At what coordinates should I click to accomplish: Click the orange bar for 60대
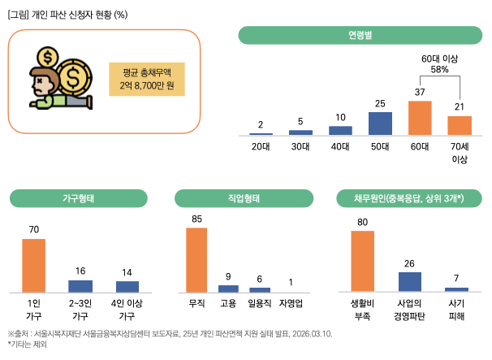tap(420, 117)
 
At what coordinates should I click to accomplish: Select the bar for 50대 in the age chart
tap(380, 123)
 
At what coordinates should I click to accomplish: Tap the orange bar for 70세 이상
tap(460, 125)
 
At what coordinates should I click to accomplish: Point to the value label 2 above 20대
tap(261, 124)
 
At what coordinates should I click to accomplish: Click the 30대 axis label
tap(300, 147)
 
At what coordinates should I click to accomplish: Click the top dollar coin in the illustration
tap(47, 58)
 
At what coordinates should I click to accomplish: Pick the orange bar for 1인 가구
tap(33, 265)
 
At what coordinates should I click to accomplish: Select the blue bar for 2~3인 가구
tap(80, 285)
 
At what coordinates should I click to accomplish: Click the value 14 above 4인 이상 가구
tap(127, 271)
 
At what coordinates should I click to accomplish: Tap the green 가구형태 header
tap(80, 198)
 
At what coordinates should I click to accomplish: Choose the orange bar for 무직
tap(196, 259)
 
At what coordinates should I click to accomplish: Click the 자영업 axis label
tap(290, 303)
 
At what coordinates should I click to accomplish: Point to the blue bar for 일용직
tap(260, 289)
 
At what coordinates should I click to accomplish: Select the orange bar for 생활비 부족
tap(362, 261)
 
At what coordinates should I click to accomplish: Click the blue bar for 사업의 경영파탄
tap(410, 281)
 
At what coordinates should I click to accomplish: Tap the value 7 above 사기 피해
tap(456, 278)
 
